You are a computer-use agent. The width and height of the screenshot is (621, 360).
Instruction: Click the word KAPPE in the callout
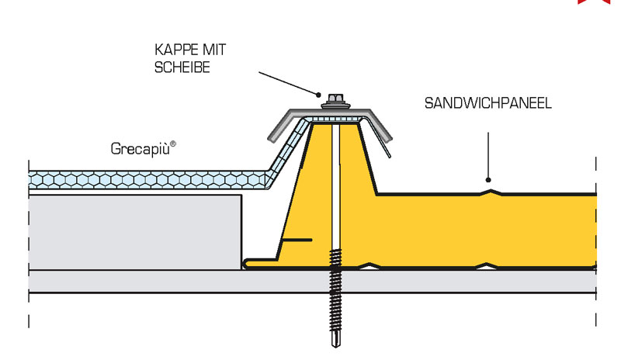click(x=173, y=52)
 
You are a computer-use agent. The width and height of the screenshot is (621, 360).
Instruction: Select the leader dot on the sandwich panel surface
click(x=488, y=181)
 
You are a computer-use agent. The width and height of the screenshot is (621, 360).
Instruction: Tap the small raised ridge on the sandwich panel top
click(x=488, y=190)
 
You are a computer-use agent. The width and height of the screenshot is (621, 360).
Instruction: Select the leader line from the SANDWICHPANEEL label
click(x=488, y=155)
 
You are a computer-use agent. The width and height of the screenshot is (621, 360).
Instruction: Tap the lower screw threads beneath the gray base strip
click(x=336, y=310)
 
